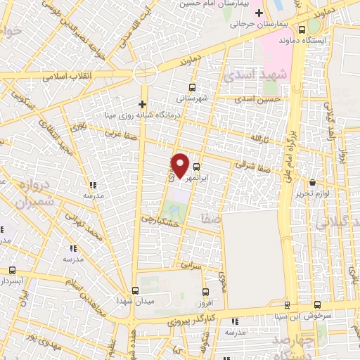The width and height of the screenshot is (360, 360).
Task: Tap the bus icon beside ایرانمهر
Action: (196, 167)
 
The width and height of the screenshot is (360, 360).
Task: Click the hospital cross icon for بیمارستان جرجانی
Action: (259, 13)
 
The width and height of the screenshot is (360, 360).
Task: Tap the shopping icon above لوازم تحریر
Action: (312, 183)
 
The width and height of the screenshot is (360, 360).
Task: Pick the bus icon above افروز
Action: (205, 292)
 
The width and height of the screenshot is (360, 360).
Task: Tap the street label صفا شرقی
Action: (252, 169)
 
